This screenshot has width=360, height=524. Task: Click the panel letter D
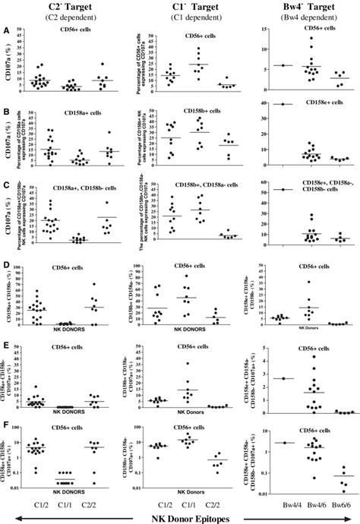click(7, 267)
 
